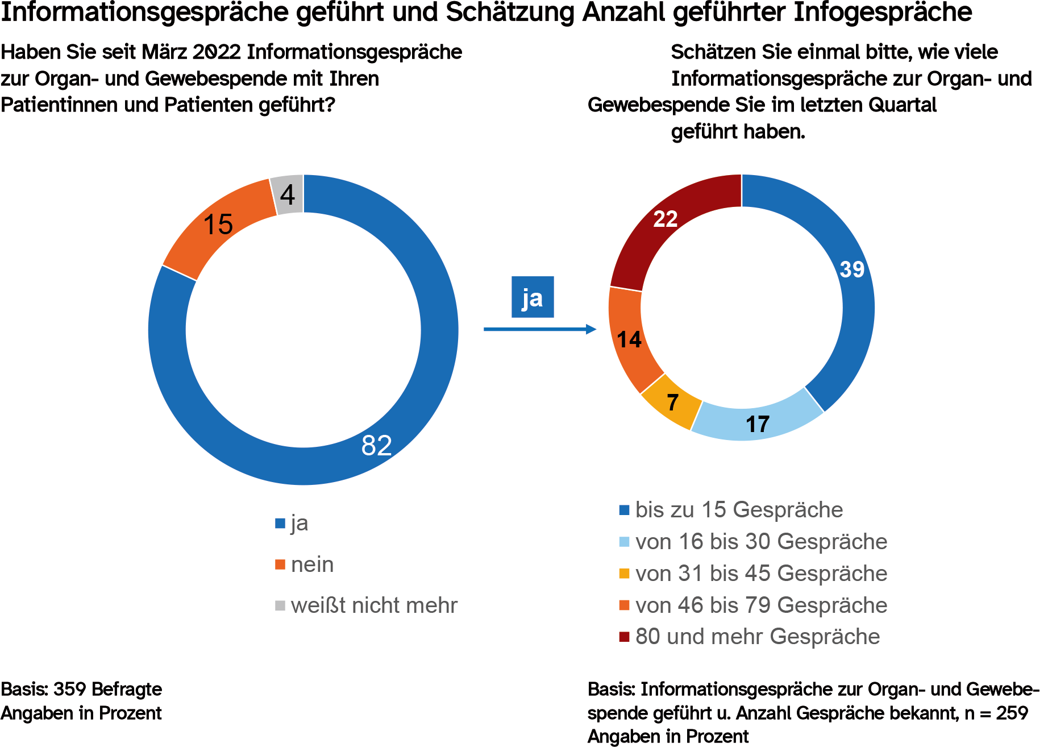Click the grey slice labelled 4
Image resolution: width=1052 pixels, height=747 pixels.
point(288,195)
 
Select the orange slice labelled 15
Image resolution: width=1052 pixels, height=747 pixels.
point(218,225)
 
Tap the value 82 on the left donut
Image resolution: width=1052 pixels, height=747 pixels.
point(377,446)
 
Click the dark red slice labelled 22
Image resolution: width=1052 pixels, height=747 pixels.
point(666,219)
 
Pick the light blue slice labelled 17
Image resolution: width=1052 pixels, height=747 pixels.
point(758,424)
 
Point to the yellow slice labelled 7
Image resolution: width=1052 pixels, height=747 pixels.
point(673,402)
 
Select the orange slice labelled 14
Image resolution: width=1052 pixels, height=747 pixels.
point(629,340)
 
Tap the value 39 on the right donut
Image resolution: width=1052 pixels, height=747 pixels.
point(852,269)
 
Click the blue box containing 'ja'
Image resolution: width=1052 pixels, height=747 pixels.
point(533,297)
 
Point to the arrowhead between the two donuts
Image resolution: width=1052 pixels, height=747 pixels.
point(591,329)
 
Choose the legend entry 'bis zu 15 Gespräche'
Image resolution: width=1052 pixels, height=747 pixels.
point(739,510)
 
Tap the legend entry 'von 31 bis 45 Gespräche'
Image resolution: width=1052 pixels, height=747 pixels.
point(761,574)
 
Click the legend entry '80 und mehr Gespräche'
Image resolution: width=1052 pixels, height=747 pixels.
point(757,637)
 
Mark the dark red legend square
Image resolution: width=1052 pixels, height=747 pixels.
point(625,637)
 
